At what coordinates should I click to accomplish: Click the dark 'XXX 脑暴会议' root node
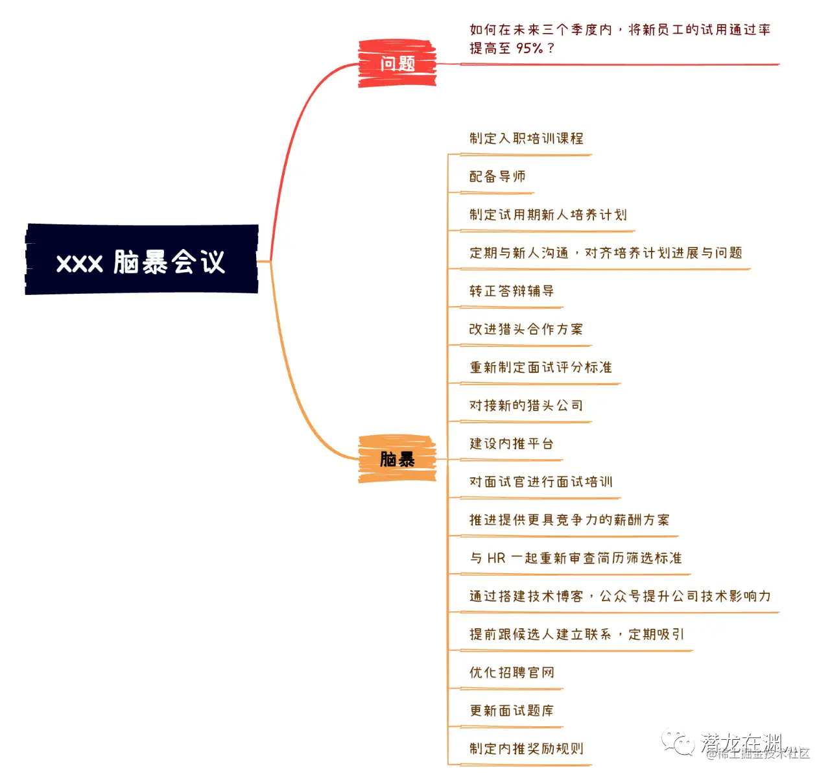141,260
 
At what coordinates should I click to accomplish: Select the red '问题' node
397,64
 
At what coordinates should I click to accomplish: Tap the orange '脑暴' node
397,459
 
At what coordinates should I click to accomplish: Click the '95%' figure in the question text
529,48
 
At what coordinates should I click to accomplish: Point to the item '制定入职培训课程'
526,138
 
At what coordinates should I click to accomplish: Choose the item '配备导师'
497,176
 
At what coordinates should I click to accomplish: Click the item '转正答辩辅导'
512,291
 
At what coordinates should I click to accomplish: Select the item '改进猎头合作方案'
526,329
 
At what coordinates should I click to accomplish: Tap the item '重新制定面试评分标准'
540,368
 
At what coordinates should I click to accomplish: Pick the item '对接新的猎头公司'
526,406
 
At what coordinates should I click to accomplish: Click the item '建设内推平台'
512,444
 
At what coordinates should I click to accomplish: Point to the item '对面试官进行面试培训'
540,482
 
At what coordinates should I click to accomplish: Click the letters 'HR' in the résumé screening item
496,558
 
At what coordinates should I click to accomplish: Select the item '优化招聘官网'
512,672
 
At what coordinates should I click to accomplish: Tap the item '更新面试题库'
512,711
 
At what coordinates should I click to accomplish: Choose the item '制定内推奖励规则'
526,749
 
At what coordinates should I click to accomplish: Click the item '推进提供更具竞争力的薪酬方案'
569,520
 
